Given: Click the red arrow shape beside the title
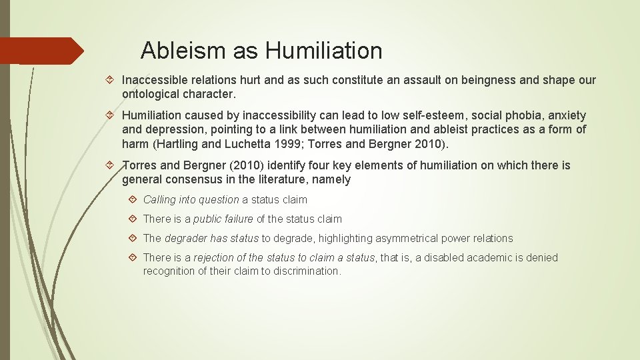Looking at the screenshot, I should tap(41, 51).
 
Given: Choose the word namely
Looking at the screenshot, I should tap(331, 179).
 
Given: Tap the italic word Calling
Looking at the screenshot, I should tap(160, 199).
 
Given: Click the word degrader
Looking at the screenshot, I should tap(186, 238).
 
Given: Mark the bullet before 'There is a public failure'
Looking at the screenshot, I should tap(133, 219).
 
